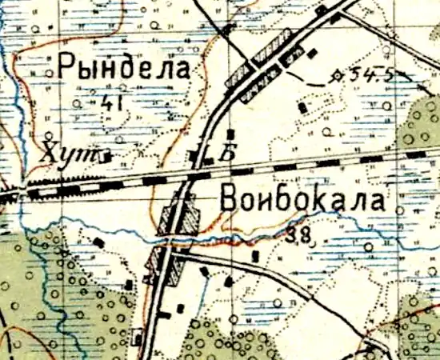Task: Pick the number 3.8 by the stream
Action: [x=298, y=235]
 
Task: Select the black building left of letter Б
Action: [x=197, y=154]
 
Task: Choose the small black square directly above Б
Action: [x=230, y=133]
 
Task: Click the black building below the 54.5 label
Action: [x=302, y=106]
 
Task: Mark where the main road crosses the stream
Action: [x=173, y=238]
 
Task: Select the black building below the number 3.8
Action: [x=254, y=257]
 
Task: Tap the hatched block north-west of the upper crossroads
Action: [x=240, y=74]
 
